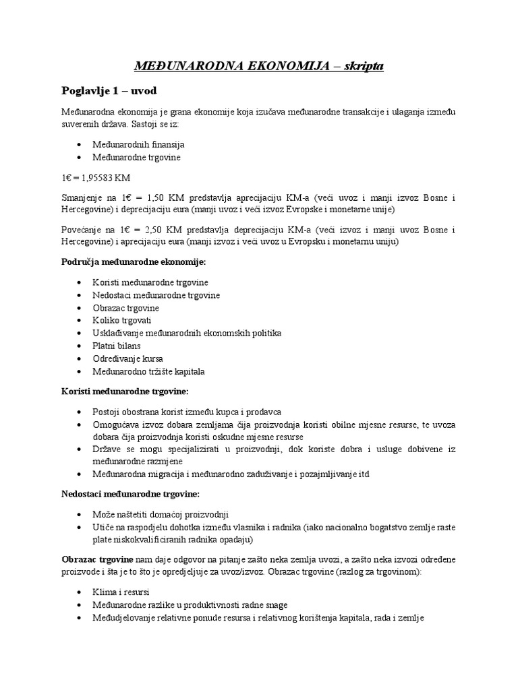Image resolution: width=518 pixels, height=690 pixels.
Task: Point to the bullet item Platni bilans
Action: coord(117,346)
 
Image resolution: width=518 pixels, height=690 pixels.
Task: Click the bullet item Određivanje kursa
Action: coord(128,358)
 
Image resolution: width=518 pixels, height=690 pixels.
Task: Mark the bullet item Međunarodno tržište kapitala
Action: coord(149,371)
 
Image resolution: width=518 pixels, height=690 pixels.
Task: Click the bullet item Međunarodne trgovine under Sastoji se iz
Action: coord(138,157)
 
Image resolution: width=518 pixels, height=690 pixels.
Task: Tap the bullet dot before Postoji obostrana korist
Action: coord(81,411)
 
